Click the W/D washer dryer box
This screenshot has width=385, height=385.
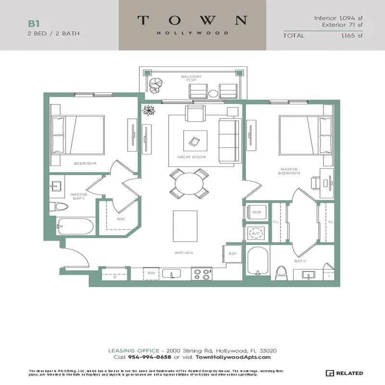click(x=256, y=212)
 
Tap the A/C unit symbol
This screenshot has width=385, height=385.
click(x=256, y=233)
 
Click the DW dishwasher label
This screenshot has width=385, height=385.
click(x=151, y=273)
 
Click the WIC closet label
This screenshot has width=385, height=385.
click(x=121, y=219)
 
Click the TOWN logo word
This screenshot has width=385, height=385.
click(x=192, y=21)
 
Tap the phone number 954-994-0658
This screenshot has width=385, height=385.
click(x=150, y=357)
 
